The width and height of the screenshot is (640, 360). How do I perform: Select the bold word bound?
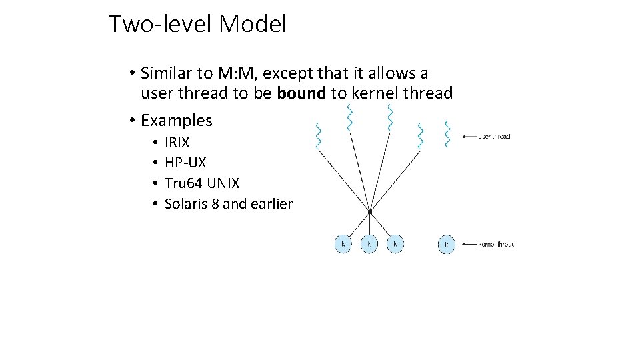click(x=301, y=93)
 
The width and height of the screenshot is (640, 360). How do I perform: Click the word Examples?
click(x=177, y=121)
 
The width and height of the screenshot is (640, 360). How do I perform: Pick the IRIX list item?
click(x=177, y=143)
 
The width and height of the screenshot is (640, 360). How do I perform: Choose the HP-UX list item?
click(x=185, y=163)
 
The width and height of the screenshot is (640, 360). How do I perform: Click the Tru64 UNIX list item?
click(x=202, y=183)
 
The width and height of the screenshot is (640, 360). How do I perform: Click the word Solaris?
click(x=186, y=204)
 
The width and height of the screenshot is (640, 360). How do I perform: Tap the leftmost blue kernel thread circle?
click(x=343, y=244)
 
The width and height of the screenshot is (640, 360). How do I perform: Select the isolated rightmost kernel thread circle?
click(x=446, y=245)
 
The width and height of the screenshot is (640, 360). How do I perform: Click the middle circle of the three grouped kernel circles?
click(x=369, y=244)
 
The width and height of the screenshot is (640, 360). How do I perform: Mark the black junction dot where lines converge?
click(x=369, y=211)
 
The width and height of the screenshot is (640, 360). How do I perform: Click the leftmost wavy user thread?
click(x=318, y=135)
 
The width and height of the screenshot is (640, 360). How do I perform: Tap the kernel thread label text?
click(x=496, y=245)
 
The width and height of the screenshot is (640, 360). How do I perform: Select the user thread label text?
click(x=495, y=137)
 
